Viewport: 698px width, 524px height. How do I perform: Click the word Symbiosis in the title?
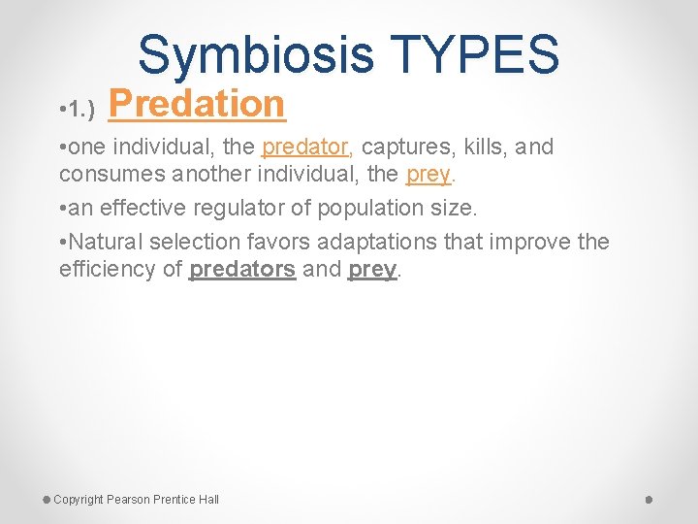click(x=255, y=54)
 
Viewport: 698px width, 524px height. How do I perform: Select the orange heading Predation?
click(x=198, y=104)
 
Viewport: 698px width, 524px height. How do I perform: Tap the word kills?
click(x=482, y=147)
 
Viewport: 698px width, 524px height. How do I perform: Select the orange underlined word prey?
click(x=428, y=176)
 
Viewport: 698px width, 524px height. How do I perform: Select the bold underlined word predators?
click(x=242, y=270)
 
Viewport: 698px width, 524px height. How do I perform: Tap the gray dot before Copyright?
click(x=47, y=499)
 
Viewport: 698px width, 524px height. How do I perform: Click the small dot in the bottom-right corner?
click(x=650, y=500)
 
